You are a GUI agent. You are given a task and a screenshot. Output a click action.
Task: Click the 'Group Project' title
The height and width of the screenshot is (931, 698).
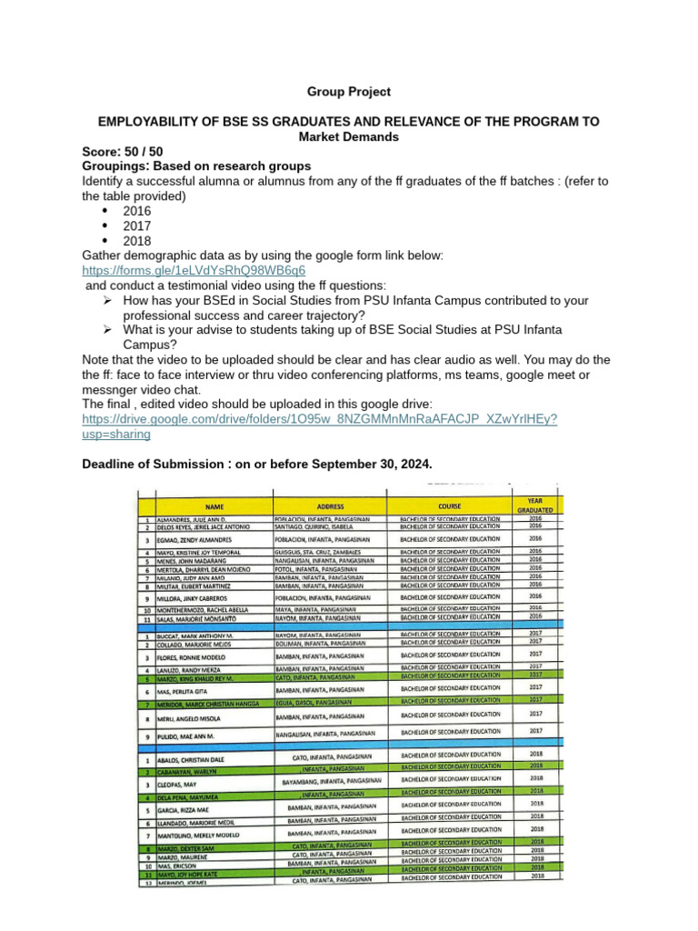(348, 92)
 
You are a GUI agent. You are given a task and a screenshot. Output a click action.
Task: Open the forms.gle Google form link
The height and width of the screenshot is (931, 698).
(193, 270)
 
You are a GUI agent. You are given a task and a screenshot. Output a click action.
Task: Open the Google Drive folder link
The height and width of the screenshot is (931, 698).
(319, 419)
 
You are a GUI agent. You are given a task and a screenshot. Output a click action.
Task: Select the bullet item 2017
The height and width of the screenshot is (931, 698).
(136, 225)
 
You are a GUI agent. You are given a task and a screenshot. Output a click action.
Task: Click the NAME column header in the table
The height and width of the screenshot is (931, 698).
(214, 506)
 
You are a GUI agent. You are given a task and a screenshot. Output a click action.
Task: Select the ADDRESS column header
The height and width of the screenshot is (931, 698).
(330, 506)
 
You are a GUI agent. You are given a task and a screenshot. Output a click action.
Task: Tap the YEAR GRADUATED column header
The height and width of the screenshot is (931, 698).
(535, 504)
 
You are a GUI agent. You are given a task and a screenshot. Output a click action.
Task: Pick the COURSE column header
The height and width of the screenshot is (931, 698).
(449, 506)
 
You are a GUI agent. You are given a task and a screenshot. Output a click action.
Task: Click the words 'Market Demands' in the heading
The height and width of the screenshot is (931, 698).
(348, 136)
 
